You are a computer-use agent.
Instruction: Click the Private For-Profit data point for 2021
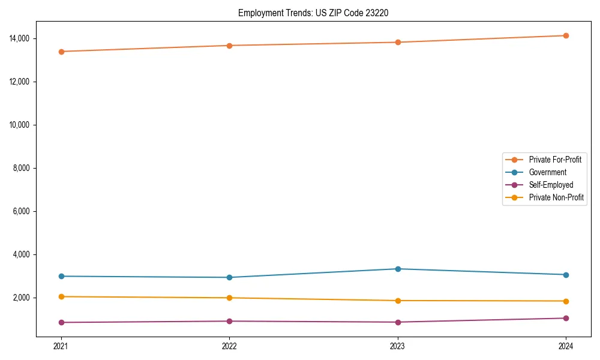(61, 52)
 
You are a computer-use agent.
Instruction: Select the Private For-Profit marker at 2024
(566, 35)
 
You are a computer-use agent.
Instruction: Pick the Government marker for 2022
(229, 277)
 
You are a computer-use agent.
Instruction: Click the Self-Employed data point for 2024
(566, 318)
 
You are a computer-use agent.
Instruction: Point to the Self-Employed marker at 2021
(61, 322)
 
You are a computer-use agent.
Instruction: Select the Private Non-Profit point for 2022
(229, 298)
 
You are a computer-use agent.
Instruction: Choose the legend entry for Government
(547, 172)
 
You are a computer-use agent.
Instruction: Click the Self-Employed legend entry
(551, 185)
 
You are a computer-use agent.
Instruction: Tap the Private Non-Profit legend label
(556, 197)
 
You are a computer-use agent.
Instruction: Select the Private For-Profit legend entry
(555, 160)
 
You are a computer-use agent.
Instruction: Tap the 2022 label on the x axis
(229, 346)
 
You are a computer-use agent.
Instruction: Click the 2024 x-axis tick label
(566, 346)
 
